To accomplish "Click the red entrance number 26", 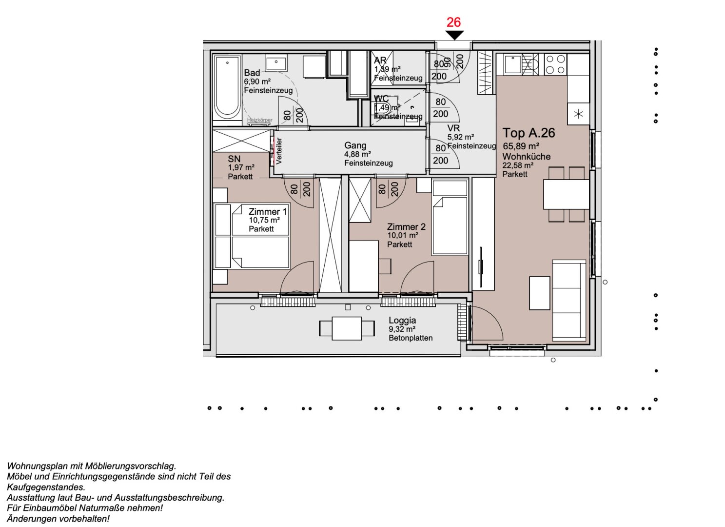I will tap(453, 22).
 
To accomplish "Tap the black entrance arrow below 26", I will tap(454, 35).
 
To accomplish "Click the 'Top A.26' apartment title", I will tap(529, 133).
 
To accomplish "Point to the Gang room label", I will tap(355, 145).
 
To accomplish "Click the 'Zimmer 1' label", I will tap(268, 212).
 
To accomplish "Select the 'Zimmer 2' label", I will tap(406, 227).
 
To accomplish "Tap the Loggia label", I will tap(402, 321).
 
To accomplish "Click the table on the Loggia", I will tap(347, 328).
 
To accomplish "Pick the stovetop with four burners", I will tap(555, 64).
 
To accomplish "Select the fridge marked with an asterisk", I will tap(578, 114).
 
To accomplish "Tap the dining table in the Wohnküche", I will tap(566, 194).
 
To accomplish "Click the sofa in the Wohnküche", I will tap(569, 301).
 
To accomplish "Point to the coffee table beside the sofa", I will tap(539, 293).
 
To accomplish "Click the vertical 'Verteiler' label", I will tap(279, 151).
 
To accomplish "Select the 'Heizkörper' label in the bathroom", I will tap(259, 120).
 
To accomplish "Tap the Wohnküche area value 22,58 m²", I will tap(518, 165).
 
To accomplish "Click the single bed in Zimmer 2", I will tap(450, 217).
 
